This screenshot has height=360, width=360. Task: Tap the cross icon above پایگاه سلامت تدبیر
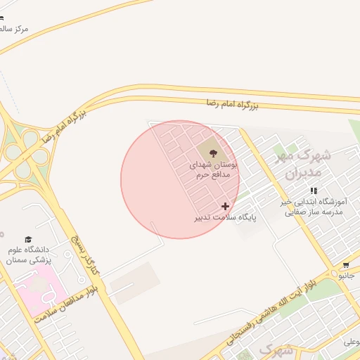pos(225,206)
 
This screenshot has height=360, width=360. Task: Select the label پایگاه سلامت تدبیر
pos(226,218)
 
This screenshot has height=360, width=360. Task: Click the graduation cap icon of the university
pos(28,240)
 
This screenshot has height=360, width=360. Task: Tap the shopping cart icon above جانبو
pos(345,265)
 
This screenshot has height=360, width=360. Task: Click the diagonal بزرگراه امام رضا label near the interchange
pos(64,124)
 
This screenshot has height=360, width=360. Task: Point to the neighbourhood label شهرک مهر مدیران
pos(298,163)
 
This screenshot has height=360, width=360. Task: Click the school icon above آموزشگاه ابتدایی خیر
pos(314,191)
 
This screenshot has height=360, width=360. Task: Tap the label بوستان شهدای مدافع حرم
pos(213,169)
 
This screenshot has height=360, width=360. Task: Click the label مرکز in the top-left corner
pos(15,29)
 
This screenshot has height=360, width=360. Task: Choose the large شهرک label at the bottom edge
pos(276,349)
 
